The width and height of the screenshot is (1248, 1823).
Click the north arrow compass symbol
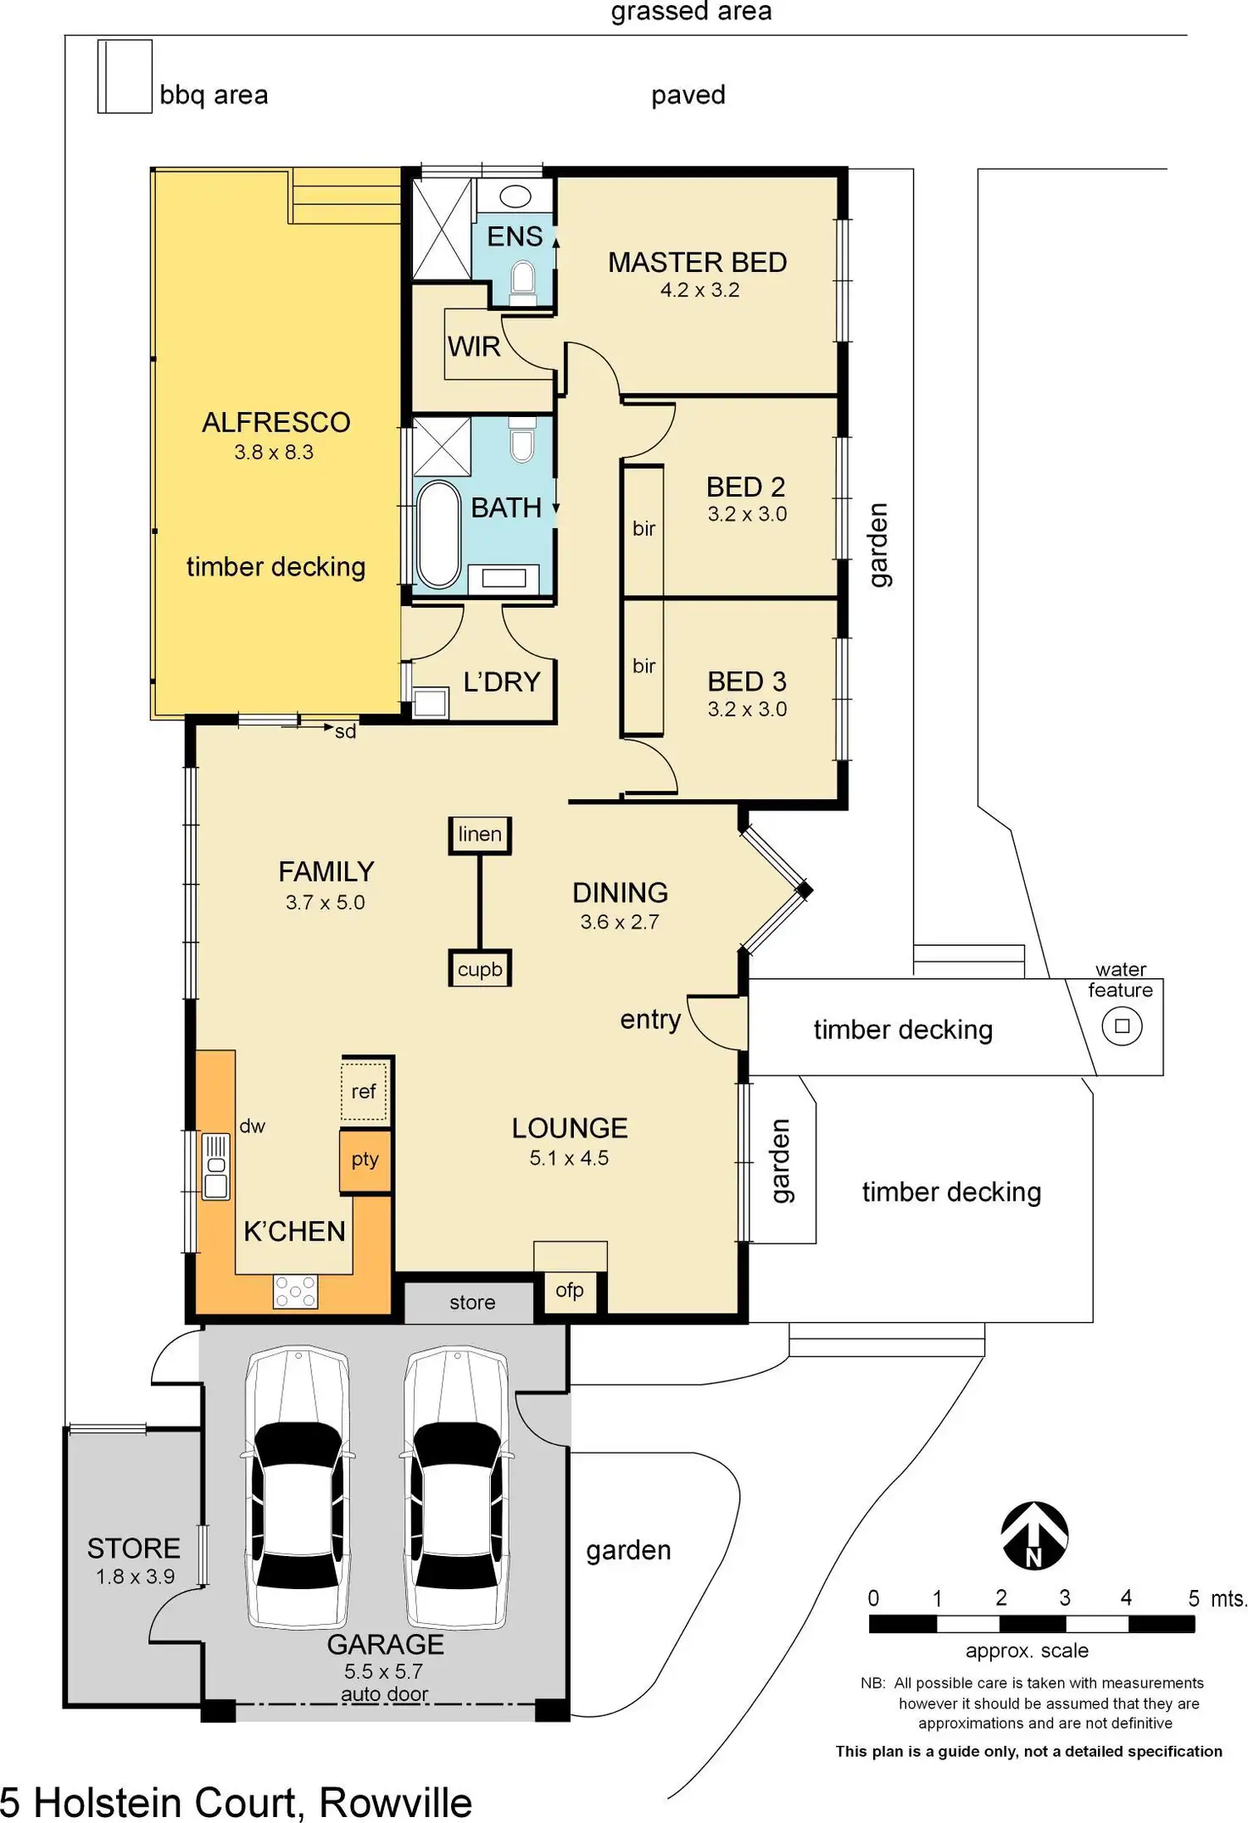pyautogui.click(x=1033, y=1536)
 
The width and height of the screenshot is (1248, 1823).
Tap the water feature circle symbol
pyautogui.click(x=1122, y=1026)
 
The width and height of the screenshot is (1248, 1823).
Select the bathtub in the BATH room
pyautogui.click(x=438, y=535)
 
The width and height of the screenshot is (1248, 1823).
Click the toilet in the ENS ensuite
pyautogui.click(x=522, y=282)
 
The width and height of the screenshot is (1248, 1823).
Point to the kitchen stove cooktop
pyautogui.click(x=295, y=1292)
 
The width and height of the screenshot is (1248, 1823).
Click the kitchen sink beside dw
pyautogui.click(x=216, y=1167)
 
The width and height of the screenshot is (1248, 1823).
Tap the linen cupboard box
pyautogui.click(x=480, y=835)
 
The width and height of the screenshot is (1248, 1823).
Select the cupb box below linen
pyautogui.click(x=480, y=969)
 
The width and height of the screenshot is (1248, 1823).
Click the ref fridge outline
pyautogui.click(x=365, y=1092)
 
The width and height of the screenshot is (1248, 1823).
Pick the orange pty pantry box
pyautogui.click(x=365, y=1160)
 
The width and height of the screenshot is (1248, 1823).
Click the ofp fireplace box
pyautogui.click(x=570, y=1292)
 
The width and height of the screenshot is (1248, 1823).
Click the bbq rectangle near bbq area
pyautogui.click(x=125, y=76)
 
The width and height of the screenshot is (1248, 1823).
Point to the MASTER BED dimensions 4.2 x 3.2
pyautogui.click(x=699, y=290)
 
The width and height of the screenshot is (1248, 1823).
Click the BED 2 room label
pyautogui.click(x=746, y=487)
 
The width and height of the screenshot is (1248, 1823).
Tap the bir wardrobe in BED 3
pyautogui.click(x=643, y=667)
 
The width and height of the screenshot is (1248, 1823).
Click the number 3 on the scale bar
pyautogui.click(x=1065, y=1598)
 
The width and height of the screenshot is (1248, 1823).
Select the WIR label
pyautogui.click(x=474, y=347)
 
